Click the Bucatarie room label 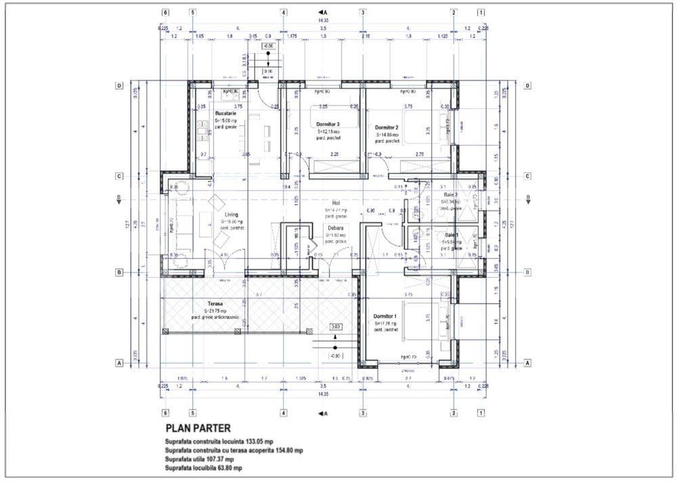tap(225, 114)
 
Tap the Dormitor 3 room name tap(328, 124)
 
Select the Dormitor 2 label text tap(387, 127)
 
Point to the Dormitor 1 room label tap(386, 316)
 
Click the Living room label tap(232, 215)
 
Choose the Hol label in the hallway tap(335, 202)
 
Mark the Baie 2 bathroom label tap(451, 195)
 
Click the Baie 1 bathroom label tap(452, 235)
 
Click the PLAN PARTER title tap(198, 428)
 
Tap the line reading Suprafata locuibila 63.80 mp tap(203, 467)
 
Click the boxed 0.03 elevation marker tap(336, 326)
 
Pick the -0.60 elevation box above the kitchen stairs tap(268, 47)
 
